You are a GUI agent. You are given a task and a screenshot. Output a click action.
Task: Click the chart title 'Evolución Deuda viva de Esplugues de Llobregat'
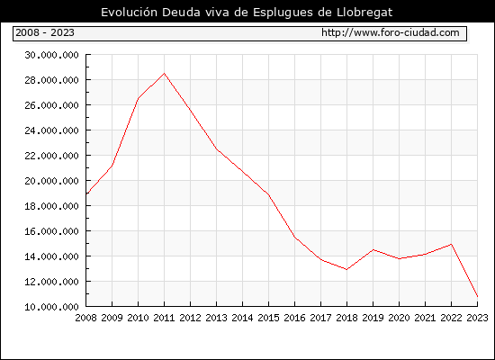tap(247, 13)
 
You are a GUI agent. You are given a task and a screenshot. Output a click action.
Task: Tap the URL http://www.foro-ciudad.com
tap(391, 32)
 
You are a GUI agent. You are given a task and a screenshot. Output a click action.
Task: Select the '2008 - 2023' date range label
tap(45, 32)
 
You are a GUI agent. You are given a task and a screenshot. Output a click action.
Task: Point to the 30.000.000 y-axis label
tap(52, 55)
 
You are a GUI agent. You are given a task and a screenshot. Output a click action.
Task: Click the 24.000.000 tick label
tap(52, 130)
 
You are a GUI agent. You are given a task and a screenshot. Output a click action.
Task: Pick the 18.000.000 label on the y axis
tap(52, 206)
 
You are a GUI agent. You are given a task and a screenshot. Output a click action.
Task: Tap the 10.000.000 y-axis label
tap(52, 307)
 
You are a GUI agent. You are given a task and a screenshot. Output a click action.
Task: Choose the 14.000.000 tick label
tap(52, 256)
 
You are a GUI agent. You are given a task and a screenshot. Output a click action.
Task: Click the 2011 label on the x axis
tap(164, 318)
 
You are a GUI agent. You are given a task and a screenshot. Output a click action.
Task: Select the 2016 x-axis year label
tap(294, 318)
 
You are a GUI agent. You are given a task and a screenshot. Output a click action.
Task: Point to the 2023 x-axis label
tap(477, 318)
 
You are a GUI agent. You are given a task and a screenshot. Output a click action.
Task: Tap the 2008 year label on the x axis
tap(85, 318)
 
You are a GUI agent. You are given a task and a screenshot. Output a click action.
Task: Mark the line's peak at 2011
tap(164, 73)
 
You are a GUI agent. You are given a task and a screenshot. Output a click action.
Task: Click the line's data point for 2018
tap(346, 269)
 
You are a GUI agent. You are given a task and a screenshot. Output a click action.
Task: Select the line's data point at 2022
tap(452, 244)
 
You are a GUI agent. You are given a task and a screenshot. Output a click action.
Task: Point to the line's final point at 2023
tap(477, 296)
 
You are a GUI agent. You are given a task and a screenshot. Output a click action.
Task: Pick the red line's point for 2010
tap(139, 98)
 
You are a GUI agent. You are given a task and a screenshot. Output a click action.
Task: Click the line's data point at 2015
tap(269, 194)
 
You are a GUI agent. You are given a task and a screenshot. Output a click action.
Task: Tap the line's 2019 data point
tap(373, 250)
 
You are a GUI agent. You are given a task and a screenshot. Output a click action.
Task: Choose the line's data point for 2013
tap(217, 149)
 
